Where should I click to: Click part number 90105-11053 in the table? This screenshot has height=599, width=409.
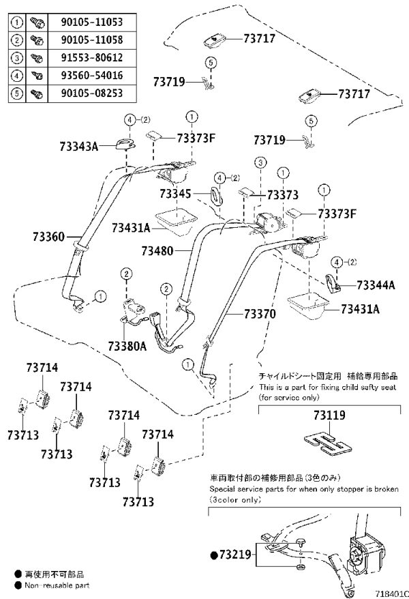tap(92, 22)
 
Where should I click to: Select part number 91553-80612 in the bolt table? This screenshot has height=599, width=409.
tap(92, 58)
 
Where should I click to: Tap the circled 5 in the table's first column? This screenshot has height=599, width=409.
tap(17, 93)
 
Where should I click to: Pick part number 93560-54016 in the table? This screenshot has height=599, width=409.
tap(92, 75)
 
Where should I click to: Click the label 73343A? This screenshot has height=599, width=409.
tap(79, 146)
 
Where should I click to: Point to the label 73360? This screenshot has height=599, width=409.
tap(48, 237)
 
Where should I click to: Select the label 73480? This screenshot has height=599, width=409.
tap(157, 251)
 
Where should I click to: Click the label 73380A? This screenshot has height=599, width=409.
tap(127, 346)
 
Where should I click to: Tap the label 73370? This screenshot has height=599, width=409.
tap(260, 314)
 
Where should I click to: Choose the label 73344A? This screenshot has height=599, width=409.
tap(376, 285)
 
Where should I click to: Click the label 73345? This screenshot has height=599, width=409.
tap(175, 194)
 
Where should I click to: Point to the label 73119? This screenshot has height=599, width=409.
tap(329, 415)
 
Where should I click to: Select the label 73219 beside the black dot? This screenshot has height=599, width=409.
tap(235, 554)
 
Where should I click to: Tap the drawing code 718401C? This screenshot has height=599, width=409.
tap(392, 594)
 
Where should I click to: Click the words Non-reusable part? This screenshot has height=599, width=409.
tap(57, 585)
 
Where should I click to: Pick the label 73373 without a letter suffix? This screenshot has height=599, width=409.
tap(283, 195)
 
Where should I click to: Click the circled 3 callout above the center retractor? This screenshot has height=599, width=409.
tap(260, 163)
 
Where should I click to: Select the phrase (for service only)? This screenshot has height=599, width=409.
tap(288, 398)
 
